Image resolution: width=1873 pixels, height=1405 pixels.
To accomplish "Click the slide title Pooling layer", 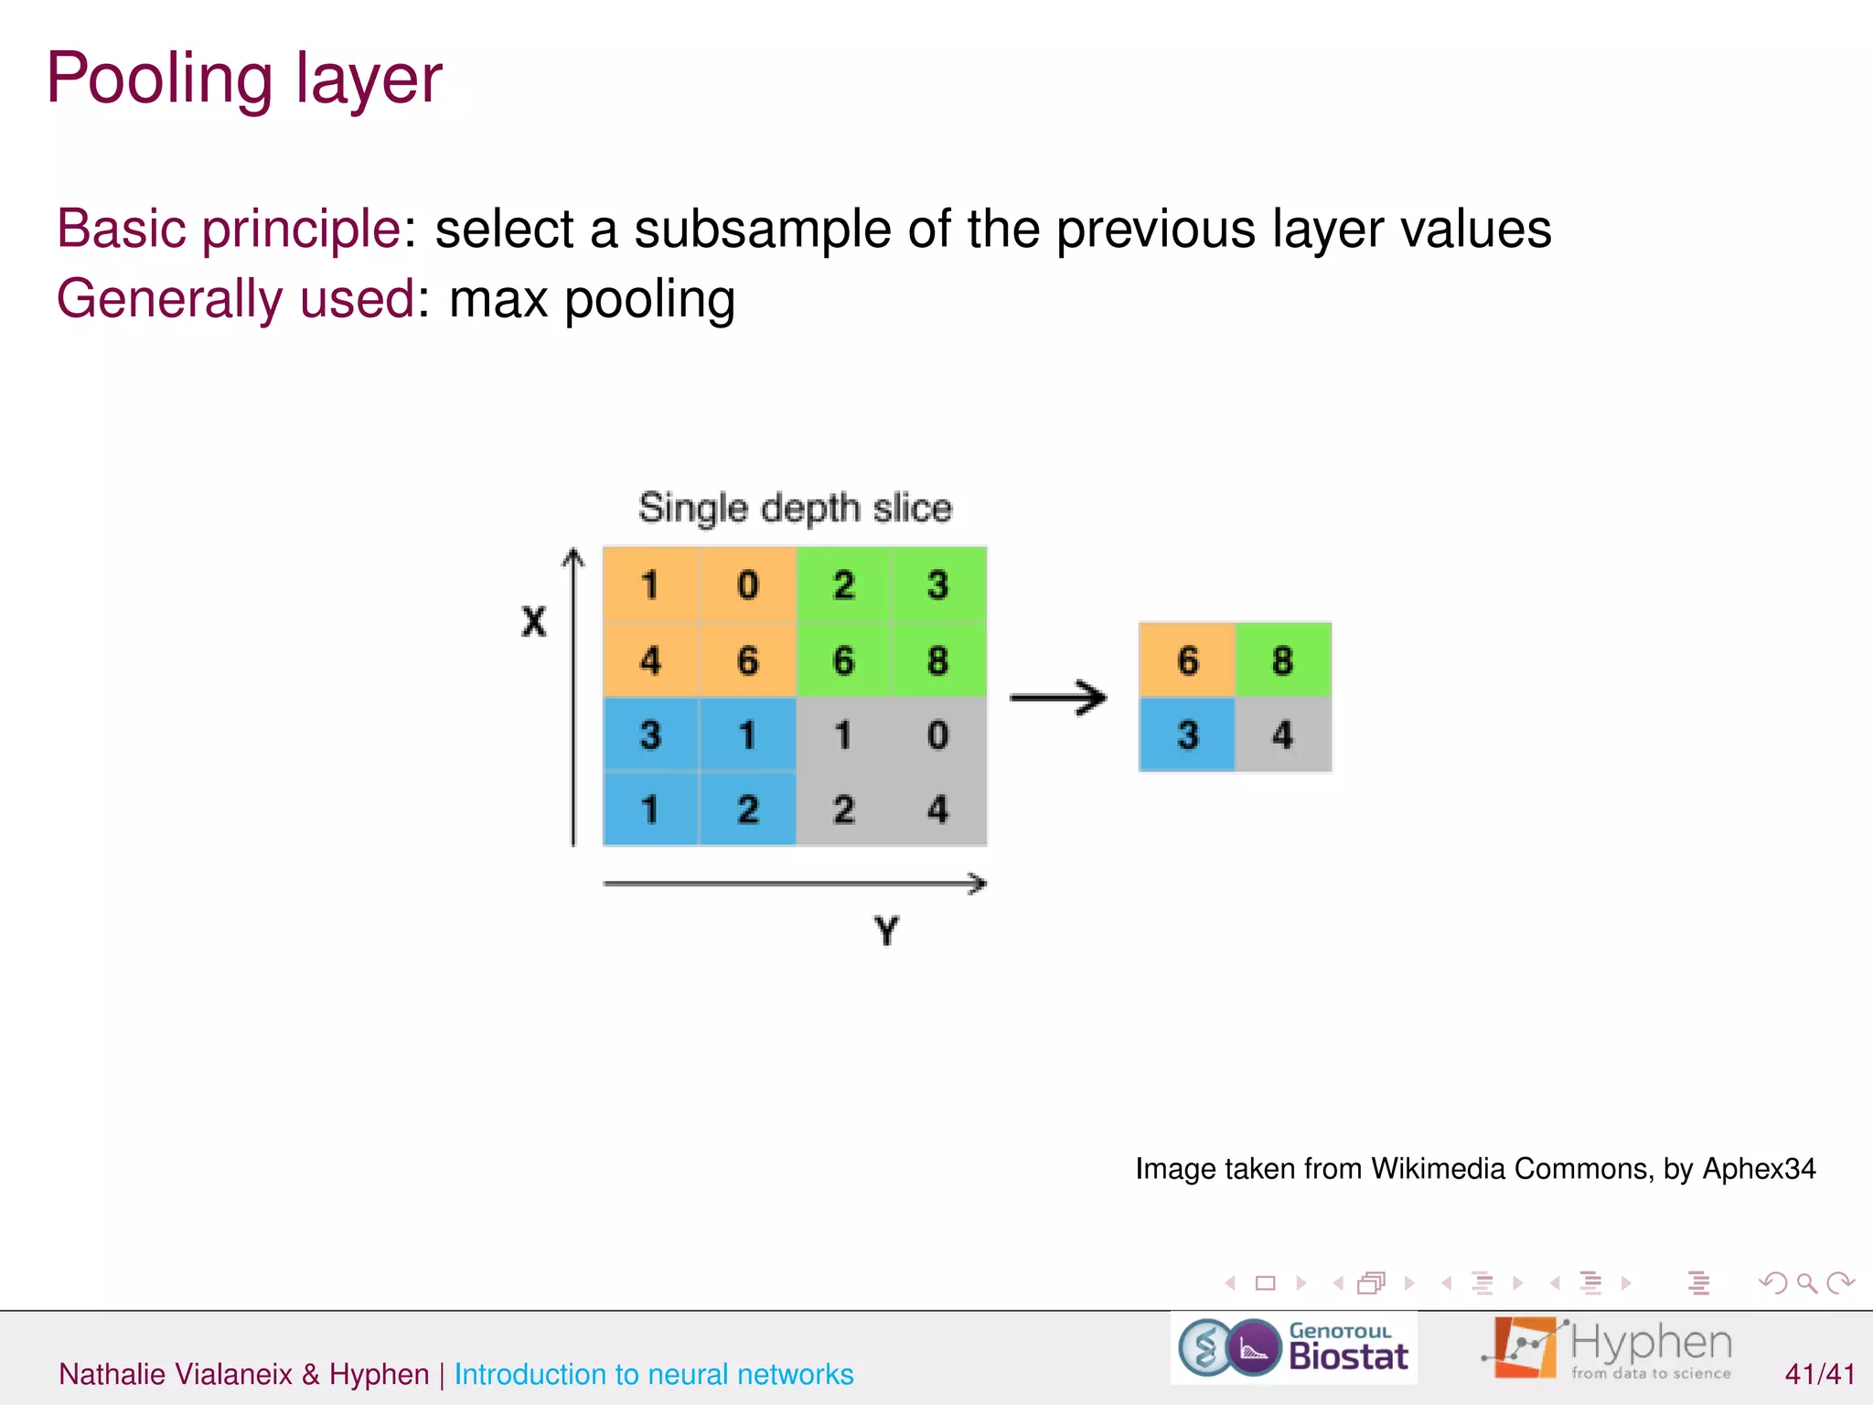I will tap(244, 80).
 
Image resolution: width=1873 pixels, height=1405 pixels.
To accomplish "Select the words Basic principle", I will tap(229, 229).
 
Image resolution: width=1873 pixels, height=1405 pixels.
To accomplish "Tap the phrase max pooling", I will tap(592, 299).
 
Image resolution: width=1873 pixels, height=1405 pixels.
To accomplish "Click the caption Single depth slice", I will tap(795, 508).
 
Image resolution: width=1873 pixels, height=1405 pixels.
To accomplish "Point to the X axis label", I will tap(533, 622).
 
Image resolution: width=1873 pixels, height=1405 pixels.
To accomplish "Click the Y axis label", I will tap(886, 931).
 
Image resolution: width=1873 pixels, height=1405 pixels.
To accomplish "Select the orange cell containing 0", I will tap(747, 585).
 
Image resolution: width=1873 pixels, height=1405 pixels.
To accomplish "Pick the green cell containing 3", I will tap(937, 585).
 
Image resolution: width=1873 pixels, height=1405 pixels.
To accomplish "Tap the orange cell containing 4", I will tap(650, 660).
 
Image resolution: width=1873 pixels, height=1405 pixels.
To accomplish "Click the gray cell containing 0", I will tap(937, 735).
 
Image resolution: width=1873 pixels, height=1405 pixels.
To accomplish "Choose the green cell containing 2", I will tap(843, 585).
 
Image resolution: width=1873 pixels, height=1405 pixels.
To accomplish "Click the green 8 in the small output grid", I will tap(1282, 660).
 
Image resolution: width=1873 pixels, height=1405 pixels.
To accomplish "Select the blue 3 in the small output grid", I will tap(1187, 735).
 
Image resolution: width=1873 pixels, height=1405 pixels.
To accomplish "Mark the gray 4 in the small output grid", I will tap(1282, 735).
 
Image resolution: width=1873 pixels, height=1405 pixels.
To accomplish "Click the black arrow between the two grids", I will tap(1058, 698).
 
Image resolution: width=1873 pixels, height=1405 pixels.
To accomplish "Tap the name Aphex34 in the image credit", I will tap(1759, 1169).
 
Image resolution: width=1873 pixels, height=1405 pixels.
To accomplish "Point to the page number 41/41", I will tap(1820, 1374).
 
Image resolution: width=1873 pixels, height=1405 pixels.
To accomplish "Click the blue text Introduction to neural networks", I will tap(654, 1374).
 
